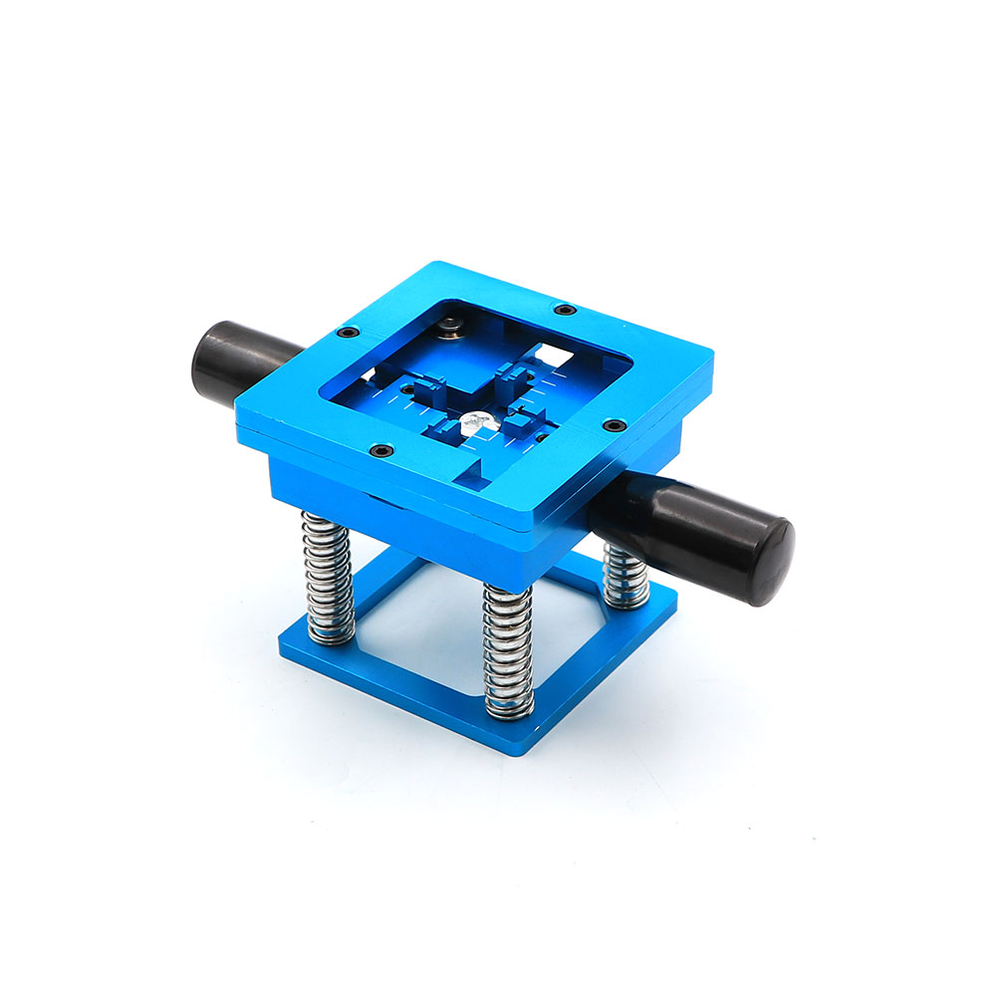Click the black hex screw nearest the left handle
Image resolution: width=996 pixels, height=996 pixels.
click(348, 333)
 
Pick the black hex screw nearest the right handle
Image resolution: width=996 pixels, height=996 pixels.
click(610, 425)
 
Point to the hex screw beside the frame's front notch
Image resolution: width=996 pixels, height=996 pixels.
click(378, 451)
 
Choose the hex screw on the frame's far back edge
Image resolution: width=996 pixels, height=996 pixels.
click(565, 310)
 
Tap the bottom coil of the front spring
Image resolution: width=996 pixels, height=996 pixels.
click(509, 708)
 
